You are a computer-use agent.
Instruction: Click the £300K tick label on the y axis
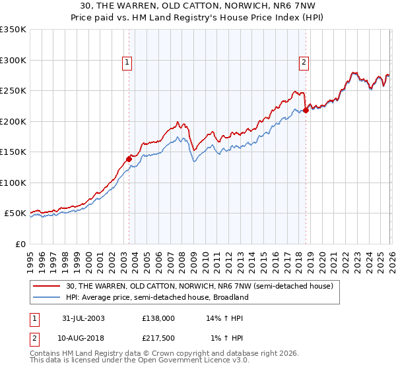point(13,60)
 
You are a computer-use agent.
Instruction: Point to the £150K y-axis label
point(13,152)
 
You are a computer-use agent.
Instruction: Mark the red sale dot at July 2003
point(129,159)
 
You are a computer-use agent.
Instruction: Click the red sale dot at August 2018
point(306,110)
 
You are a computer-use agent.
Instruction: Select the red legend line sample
point(48,287)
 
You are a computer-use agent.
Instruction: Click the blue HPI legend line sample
point(48,297)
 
